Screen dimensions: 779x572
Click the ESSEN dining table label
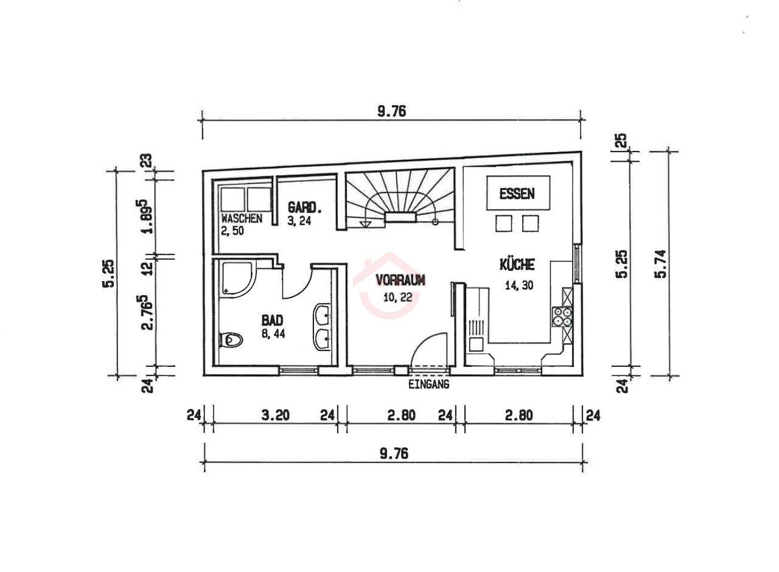[517, 194]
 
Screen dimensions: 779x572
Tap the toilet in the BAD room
[231, 340]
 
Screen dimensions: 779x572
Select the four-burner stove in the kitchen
[562, 317]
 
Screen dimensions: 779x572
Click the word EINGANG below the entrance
[429, 384]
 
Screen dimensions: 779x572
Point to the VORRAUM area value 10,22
[398, 298]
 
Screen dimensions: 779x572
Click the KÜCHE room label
[517, 265]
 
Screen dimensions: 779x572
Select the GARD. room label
[304, 208]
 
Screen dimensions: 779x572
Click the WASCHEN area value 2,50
[232, 231]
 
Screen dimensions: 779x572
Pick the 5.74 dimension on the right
[660, 264]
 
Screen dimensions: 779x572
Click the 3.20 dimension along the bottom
[276, 415]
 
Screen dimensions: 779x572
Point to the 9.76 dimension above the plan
[391, 111]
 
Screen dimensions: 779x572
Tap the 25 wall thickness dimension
[621, 141]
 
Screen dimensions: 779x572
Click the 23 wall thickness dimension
[147, 161]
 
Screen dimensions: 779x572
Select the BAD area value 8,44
[273, 334]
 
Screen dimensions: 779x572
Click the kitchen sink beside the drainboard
[476, 344]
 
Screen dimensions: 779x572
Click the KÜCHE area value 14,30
[519, 285]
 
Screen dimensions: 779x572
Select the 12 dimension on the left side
[148, 269]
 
